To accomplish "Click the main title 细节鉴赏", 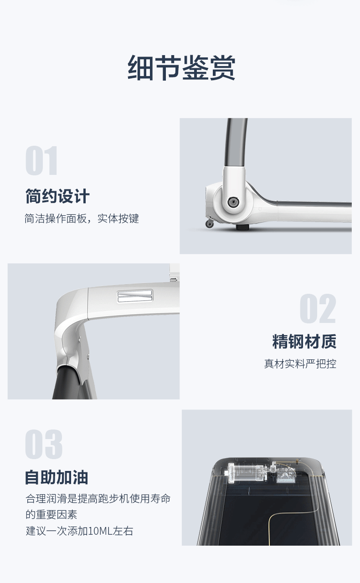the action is pyautogui.click(x=181, y=68).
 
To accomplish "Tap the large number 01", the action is pyautogui.click(x=41, y=160).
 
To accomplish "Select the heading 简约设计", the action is pyautogui.click(x=57, y=196).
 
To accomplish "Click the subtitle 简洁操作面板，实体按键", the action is pyautogui.click(x=82, y=219).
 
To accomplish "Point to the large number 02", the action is pyautogui.click(x=318, y=308).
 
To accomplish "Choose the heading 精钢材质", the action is pyautogui.click(x=304, y=342).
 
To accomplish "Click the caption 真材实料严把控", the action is pyautogui.click(x=300, y=364).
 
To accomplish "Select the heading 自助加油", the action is pyautogui.click(x=57, y=477).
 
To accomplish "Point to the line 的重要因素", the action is pyautogui.click(x=51, y=515).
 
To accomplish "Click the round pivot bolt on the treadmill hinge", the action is pyautogui.click(x=231, y=201).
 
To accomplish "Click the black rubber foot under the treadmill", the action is pyautogui.click(x=242, y=227).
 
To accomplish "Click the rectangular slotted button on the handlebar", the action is pyautogui.click(x=135, y=297).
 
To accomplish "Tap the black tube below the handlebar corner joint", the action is pyautogui.click(x=68, y=382).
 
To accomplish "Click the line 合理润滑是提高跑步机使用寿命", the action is pyautogui.click(x=98, y=498).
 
